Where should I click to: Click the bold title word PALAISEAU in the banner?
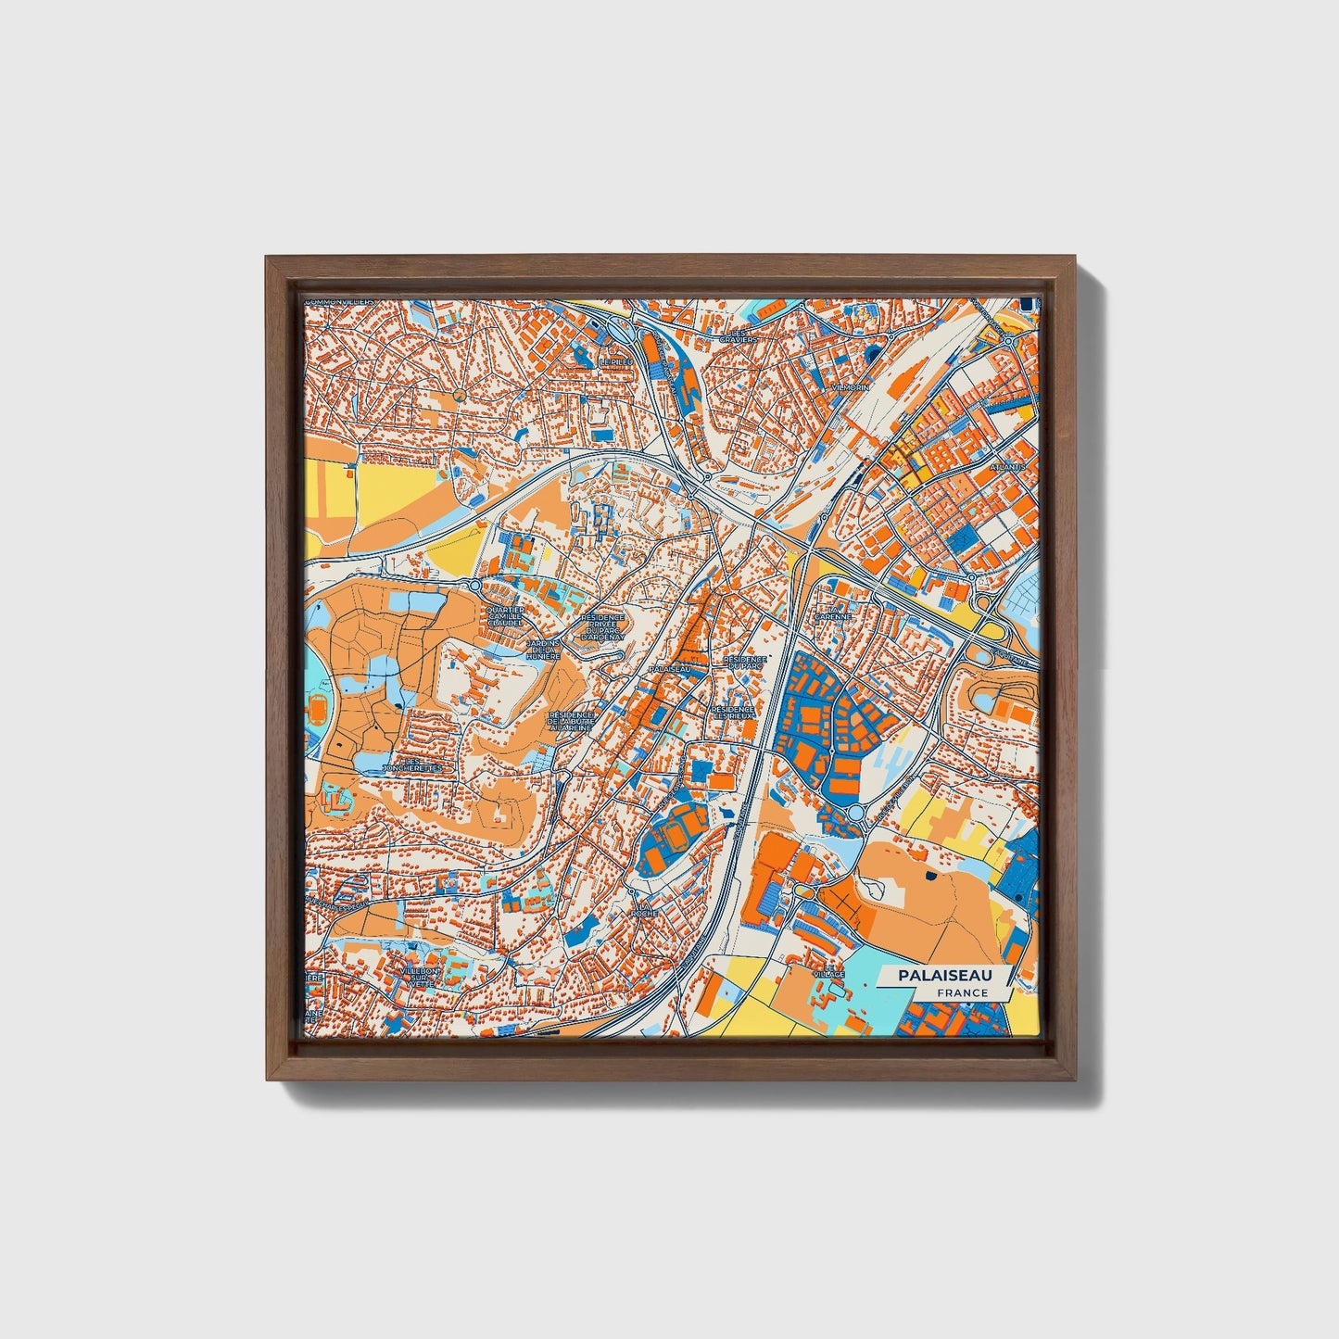[942, 976]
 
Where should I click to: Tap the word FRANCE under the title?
[962, 992]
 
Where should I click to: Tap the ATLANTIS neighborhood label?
[1007, 467]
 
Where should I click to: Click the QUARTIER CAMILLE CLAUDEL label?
[504, 616]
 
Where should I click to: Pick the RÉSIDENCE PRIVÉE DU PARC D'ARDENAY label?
[602, 627]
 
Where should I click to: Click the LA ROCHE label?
[645, 908]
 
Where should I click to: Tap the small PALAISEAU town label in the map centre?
[671, 668]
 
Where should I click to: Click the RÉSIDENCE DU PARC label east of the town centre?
[746, 663]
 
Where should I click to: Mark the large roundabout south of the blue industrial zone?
[855, 813]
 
